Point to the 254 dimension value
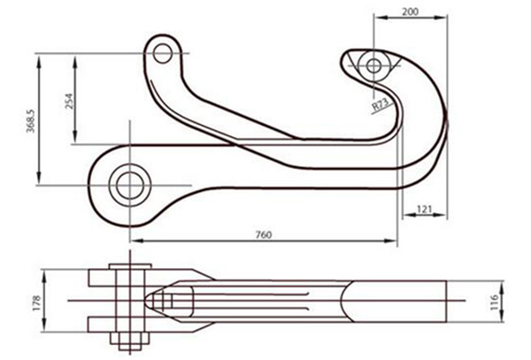coord(69,99)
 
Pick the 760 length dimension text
coord(263,234)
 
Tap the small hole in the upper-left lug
coord(162,53)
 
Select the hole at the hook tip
coord(374,65)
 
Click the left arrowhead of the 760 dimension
coord(134,241)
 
